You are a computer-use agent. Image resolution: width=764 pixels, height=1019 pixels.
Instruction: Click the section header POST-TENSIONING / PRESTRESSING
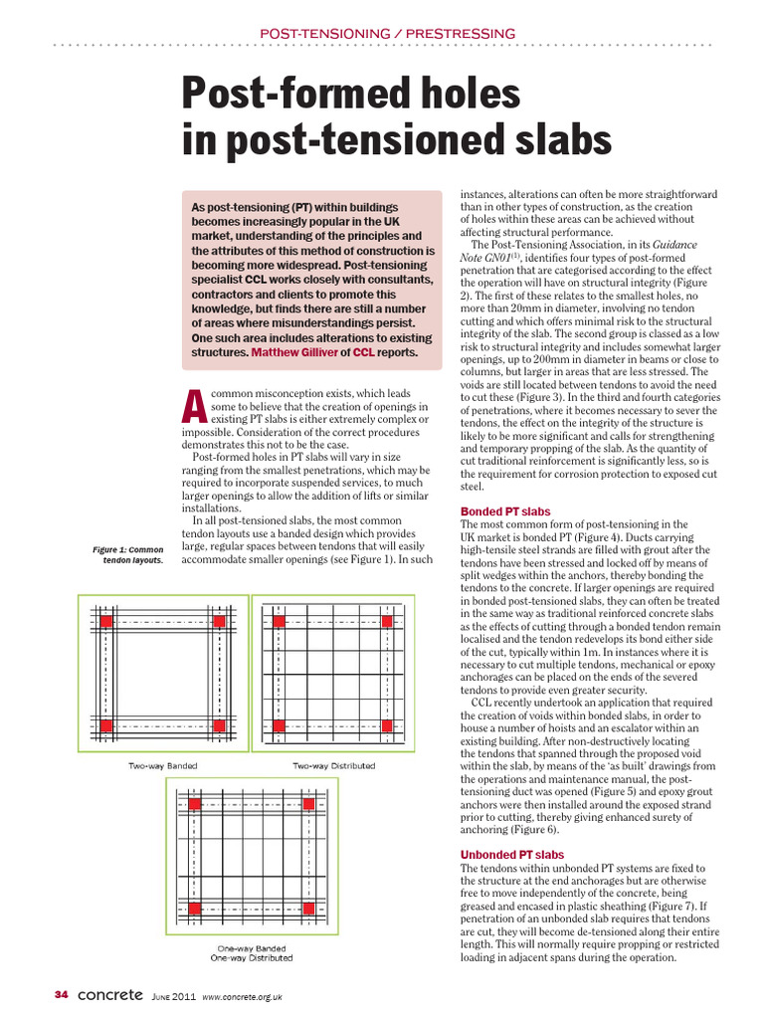387,34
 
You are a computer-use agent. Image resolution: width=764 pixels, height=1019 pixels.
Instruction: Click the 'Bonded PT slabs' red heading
504,511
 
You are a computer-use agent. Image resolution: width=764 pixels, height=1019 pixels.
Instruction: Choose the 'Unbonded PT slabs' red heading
511,855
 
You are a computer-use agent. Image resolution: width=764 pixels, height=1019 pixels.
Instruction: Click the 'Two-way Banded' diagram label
161,765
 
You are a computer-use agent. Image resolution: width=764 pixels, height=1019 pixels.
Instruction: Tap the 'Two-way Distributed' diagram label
333,765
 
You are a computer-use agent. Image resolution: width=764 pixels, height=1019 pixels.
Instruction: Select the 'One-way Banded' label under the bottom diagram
251,948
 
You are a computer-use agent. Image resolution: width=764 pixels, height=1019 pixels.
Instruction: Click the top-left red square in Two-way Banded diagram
104,621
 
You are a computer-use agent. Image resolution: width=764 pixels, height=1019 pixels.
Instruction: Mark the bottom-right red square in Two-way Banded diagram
219,726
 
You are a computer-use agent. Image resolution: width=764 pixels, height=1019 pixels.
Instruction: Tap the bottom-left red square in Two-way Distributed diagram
280,726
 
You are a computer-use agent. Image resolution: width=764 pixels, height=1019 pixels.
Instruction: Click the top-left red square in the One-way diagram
195,803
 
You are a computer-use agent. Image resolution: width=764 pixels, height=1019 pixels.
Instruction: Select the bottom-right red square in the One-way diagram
308,907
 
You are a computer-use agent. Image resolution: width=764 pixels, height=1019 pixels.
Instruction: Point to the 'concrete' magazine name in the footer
109,994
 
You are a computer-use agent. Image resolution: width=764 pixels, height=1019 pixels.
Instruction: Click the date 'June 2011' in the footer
174,995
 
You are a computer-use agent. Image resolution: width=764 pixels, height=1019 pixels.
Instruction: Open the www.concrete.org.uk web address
243,996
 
